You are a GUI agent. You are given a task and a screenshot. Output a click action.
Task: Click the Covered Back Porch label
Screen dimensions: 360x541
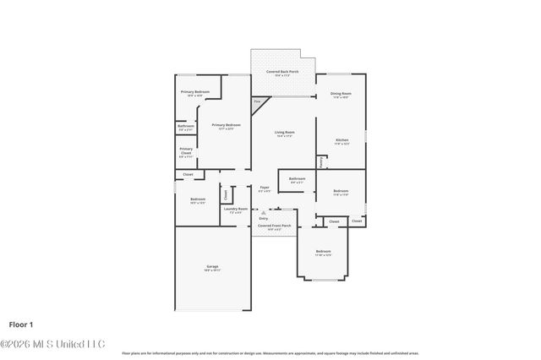(282, 73)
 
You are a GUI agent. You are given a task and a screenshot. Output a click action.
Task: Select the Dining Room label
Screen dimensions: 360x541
(341, 95)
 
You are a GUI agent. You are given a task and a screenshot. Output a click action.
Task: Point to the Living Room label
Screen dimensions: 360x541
(284, 133)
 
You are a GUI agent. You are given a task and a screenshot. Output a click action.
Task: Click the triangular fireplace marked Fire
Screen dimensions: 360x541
(257, 102)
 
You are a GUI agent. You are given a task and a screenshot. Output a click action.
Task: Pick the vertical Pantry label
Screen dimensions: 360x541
(321, 161)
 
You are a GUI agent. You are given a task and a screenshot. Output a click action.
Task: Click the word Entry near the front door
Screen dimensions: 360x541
(264, 218)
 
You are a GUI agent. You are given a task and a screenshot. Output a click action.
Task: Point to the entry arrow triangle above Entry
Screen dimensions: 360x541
(264, 212)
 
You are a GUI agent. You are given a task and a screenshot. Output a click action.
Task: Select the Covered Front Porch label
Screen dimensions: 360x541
(274, 226)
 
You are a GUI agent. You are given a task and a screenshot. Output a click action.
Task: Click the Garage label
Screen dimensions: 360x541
(212, 268)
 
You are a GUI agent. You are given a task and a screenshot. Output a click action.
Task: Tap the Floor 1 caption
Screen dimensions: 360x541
(21, 324)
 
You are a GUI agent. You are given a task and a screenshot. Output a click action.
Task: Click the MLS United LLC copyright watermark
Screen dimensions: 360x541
(52, 344)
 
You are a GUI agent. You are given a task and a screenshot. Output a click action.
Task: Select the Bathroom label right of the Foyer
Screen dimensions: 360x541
(297, 179)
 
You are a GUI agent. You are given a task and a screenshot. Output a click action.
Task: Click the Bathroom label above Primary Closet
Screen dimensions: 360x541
(186, 127)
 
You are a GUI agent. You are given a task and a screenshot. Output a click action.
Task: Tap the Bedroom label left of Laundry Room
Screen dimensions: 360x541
(198, 200)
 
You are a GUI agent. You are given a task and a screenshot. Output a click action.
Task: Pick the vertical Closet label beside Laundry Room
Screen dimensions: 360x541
(226, 194)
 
